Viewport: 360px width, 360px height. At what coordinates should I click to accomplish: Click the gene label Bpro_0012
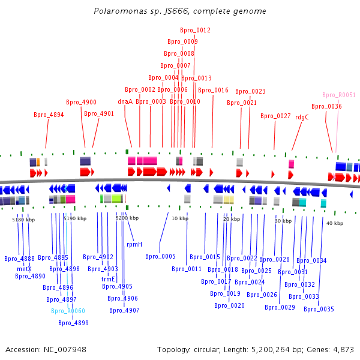[x=195, y=30]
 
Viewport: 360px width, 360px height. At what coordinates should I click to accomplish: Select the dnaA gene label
[x=125, y=102]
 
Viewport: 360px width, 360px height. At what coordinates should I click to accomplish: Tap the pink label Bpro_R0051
[x=339, y=95]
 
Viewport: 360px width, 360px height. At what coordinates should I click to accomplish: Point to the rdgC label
[x=302, y=117]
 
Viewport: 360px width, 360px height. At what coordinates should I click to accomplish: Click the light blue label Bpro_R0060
[x=68, y=311]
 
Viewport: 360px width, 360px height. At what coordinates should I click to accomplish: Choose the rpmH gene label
[x=134, y=244]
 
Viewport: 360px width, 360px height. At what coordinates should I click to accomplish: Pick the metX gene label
[x=24, y=269]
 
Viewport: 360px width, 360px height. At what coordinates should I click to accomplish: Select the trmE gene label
[x=108, y=279]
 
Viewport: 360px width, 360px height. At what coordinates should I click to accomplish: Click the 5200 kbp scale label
[x=127, y=218]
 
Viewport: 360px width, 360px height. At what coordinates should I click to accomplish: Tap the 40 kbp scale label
[x=335, y=223]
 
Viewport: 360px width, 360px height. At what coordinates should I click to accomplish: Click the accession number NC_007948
[x=66, y=349]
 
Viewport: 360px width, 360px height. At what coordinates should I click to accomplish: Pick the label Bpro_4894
[x=49, y=115]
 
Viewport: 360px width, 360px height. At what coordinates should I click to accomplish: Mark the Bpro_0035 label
[x=319, y=310]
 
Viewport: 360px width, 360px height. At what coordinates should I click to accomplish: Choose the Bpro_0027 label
[x=275, y=116]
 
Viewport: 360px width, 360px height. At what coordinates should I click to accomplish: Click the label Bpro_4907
[x=124, y=310]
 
